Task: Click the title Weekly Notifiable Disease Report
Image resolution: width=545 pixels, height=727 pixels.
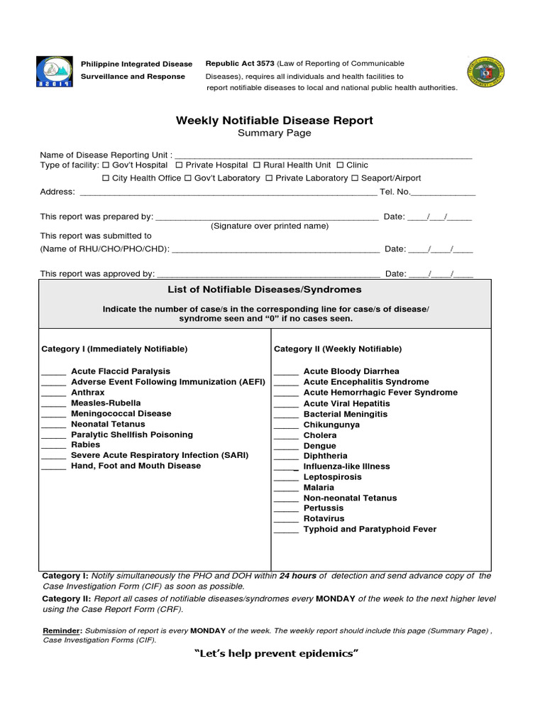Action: pos(274,121)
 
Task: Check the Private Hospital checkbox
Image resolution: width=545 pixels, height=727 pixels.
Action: pos(179,165)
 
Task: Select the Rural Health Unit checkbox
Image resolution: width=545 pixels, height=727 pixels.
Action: pos(257,165)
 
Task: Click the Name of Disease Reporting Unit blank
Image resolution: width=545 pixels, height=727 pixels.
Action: pos(323,155)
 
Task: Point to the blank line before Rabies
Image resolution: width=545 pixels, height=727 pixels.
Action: pos(53,446)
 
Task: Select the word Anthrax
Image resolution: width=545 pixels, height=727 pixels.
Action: pos(88,393)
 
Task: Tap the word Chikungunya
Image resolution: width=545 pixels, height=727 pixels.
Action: pos(331,425)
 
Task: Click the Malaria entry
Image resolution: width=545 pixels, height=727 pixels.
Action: pos(319,488)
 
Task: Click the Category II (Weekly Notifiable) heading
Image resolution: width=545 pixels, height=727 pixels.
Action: pos(338,349)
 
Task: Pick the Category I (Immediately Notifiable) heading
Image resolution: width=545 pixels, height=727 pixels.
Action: pos(115,349)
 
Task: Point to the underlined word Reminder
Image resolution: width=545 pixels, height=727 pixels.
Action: pos(62,630)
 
